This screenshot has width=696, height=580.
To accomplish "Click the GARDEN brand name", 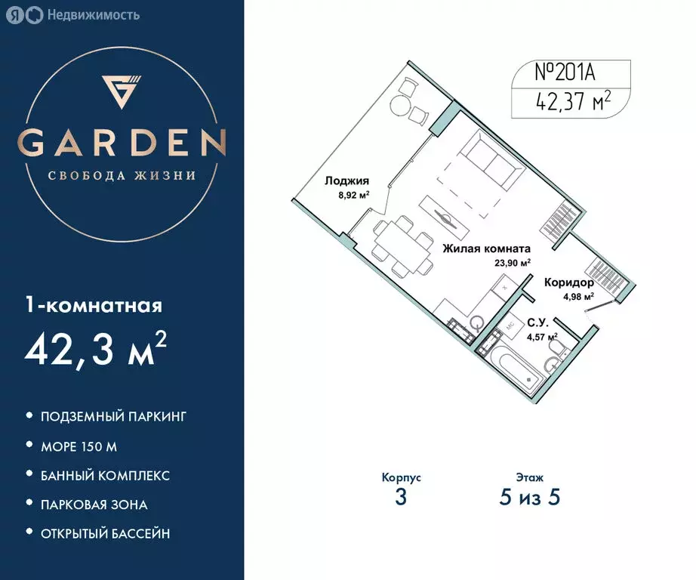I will coord(122,142).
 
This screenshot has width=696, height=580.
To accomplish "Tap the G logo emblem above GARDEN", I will coord(122,92).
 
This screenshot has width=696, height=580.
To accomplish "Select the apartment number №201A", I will coord(560,73).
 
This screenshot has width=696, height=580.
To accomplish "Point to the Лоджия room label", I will coord(346,180).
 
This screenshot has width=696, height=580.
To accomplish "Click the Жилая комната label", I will coord(486,248).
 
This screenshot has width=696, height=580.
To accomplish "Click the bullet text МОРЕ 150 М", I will coord(79,446).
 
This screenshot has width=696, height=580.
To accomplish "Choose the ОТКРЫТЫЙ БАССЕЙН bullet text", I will coord(105,533).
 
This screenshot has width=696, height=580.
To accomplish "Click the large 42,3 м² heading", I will coord(96,349).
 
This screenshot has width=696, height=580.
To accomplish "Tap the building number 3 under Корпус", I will coord(401,497).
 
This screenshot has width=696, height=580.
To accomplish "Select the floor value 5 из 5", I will coord(528,497).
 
